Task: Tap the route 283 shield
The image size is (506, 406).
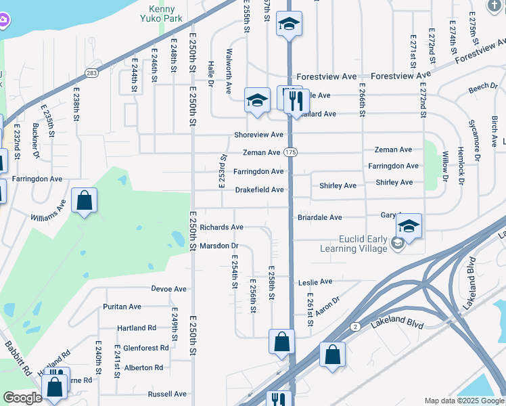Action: point(90,72)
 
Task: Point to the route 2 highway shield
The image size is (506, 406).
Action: point(354,328)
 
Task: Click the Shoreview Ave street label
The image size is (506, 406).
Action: point(258,135)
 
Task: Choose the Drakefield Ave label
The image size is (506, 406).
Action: point(259,190)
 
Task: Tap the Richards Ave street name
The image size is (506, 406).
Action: point(221,227)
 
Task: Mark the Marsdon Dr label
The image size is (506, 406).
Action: point(220,246)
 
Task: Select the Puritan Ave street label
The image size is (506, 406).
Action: point(122,307)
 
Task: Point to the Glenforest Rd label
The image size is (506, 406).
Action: point(146,348)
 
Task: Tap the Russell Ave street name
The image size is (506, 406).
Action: point(167,394)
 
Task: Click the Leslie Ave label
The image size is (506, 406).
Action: point(316,281)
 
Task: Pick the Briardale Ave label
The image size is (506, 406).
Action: point(320,218)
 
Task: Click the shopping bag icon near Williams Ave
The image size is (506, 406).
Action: point(84,200)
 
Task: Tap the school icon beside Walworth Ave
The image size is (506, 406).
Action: point(258,101)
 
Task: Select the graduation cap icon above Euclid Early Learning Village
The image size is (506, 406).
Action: point(409,225)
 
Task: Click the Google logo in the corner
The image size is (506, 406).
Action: point(22,398)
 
